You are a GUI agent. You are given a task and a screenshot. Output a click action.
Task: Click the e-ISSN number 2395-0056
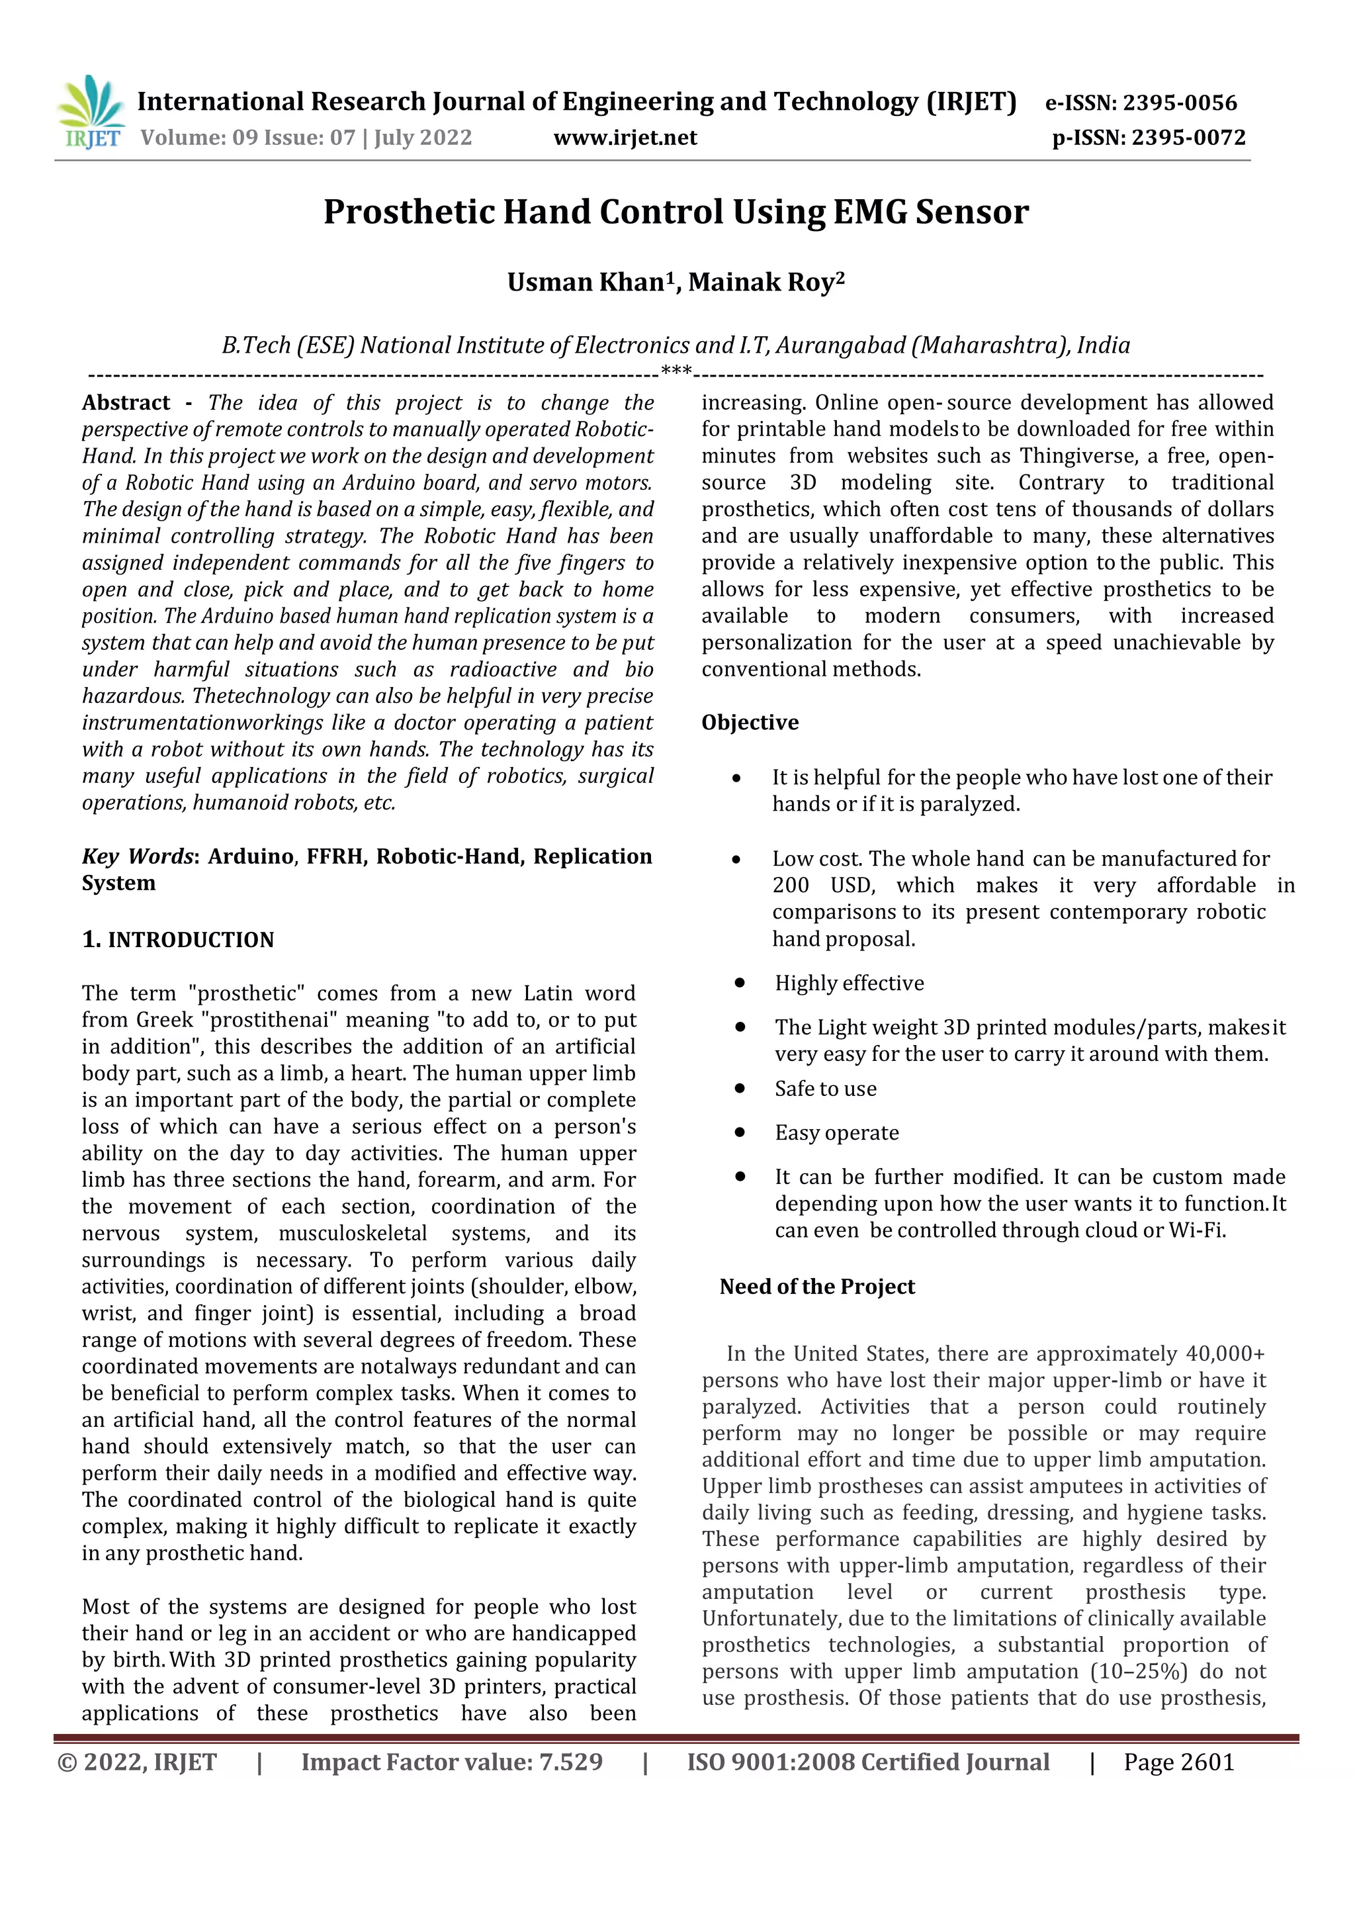1179,103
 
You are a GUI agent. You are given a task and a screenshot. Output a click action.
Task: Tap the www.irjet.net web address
625,138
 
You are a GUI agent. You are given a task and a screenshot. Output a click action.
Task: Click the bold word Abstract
126,403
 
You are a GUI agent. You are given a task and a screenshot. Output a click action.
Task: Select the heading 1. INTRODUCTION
178,940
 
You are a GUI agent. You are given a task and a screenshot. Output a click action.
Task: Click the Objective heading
749,723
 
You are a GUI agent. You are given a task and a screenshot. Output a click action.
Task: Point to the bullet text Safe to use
825,1089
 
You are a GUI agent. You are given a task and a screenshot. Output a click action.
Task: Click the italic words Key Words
137,857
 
